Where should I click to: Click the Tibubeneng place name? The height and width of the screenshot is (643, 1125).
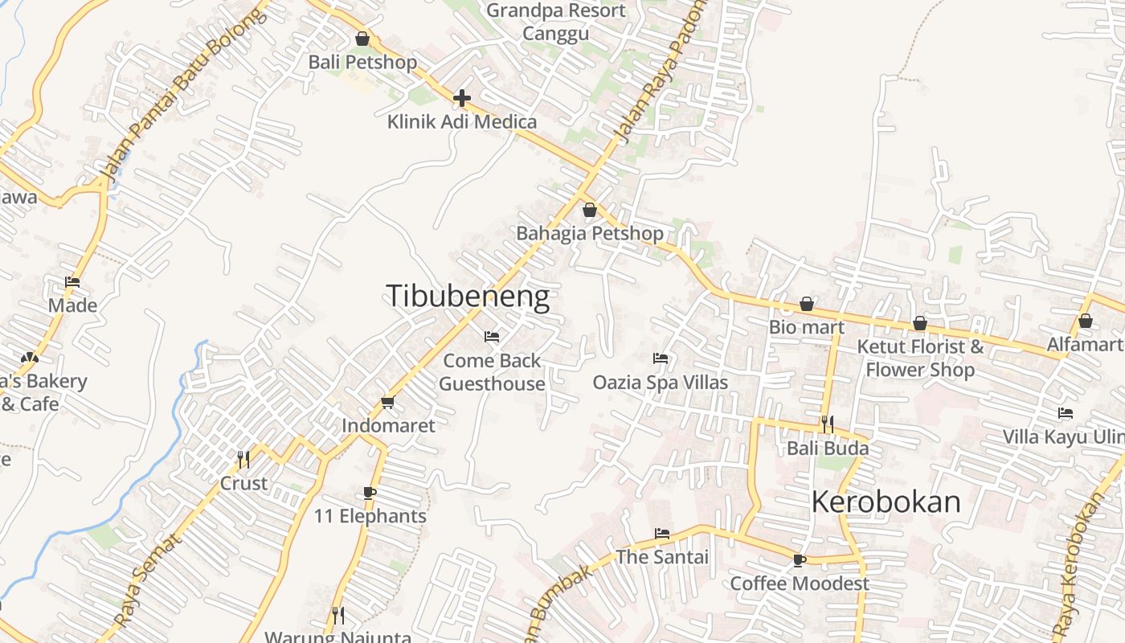[468, 296]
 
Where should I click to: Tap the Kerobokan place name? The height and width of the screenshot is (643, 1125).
[886, 502]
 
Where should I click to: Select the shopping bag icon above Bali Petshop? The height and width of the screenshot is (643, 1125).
[362, 39]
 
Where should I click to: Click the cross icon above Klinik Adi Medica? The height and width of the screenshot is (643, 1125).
[461, 98]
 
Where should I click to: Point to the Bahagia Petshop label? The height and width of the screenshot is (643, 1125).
[590, 233]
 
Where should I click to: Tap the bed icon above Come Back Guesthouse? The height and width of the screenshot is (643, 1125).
[492, 336]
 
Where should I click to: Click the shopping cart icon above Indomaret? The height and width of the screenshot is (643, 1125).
[388, 402]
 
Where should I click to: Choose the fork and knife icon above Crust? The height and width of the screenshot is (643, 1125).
[243, 459]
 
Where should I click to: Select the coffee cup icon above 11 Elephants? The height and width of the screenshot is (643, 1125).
[370, 492]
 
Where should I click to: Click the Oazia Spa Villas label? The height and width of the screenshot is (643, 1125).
[661, 382]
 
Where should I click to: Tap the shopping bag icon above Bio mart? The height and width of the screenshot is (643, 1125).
[806, 304]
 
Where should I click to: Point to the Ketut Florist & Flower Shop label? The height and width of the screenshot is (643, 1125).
[920, 358]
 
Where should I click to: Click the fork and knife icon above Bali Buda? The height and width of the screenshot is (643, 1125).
[828, 424]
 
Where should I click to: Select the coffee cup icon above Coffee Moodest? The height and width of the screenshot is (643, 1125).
[799, 559]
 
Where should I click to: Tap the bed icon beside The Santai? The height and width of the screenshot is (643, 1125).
[661, 533]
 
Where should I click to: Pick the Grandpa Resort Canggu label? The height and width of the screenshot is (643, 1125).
[555, 22]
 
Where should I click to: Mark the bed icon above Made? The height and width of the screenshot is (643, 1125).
[72, 282]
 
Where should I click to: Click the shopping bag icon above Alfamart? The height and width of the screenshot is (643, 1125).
[1085, 321]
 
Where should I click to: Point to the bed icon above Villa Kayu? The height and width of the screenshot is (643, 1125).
[1066, 413]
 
